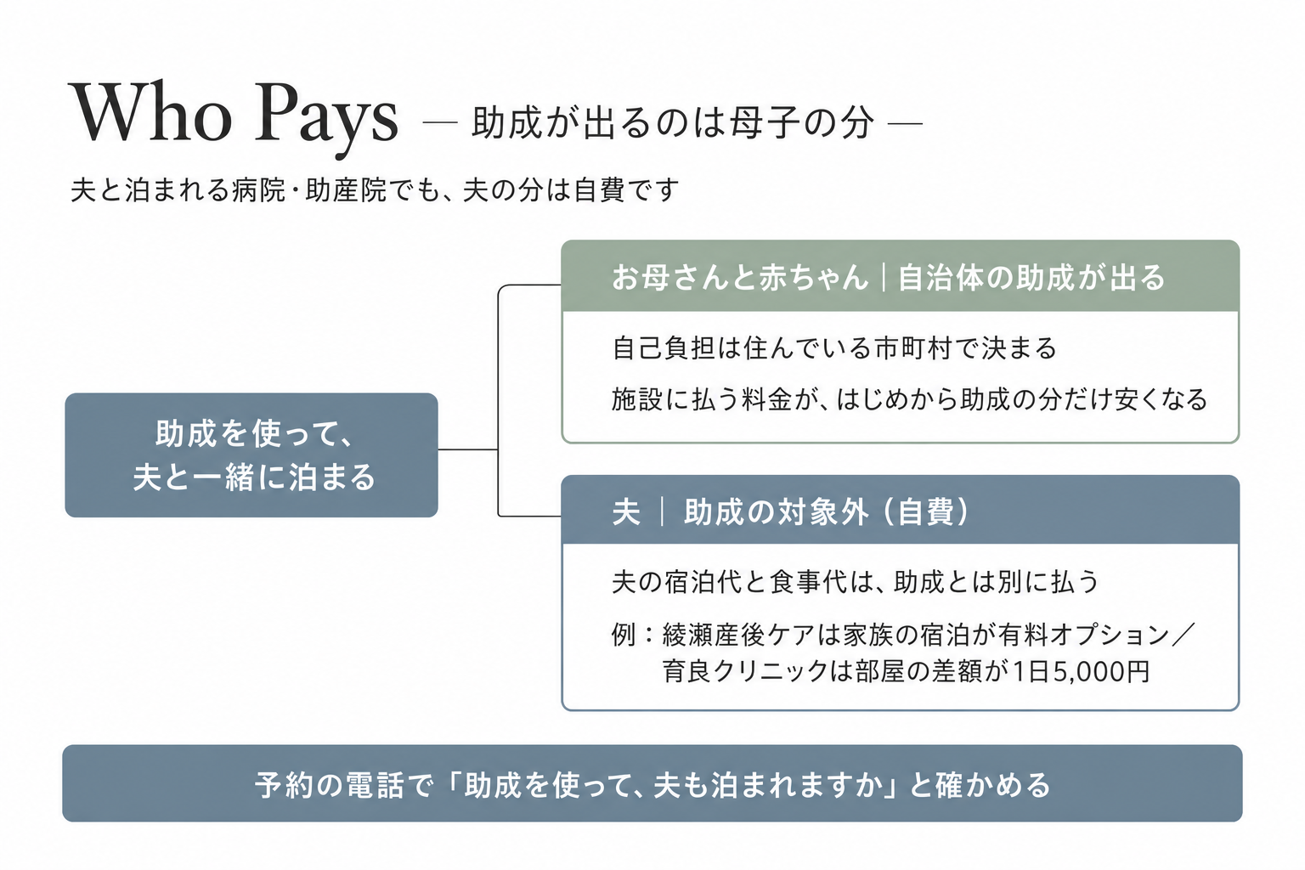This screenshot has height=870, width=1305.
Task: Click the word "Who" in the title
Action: [151, 112]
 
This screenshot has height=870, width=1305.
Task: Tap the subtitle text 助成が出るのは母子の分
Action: [672, 123]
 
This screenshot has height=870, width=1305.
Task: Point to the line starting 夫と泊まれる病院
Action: [375, 190]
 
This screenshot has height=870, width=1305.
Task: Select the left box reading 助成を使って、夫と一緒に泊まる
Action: [251, 455]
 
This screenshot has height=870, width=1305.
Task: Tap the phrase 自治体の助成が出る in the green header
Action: [1031, 277]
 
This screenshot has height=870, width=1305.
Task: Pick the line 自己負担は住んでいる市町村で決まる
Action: [833, 348]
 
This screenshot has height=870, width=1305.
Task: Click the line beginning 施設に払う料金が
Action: [909, 400]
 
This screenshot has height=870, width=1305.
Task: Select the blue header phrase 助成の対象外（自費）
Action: [827, 512]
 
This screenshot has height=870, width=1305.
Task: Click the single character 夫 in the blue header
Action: [626, 512]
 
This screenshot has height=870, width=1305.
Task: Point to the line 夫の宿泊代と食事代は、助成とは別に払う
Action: [856, 582]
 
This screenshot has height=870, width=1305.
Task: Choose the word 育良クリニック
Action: [745, 671]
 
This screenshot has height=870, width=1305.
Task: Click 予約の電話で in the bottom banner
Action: [344, 785]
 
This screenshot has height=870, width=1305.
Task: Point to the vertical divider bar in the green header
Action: [884, 277]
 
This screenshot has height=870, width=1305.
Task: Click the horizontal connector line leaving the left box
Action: [468, 449]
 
